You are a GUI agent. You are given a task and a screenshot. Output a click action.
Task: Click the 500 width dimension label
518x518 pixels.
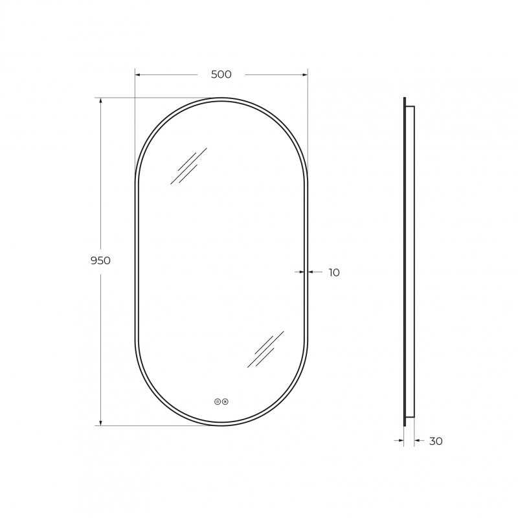221,74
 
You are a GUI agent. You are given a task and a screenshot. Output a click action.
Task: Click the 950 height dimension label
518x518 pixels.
100,261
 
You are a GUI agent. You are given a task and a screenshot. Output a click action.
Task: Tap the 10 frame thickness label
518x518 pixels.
334,273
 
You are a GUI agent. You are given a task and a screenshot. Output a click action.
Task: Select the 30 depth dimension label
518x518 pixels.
436,441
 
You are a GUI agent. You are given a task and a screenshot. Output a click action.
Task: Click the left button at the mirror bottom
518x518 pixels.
217,401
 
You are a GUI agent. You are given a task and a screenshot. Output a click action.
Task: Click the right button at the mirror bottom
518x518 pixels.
225,401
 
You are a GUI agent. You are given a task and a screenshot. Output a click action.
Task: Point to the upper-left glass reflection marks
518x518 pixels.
188,166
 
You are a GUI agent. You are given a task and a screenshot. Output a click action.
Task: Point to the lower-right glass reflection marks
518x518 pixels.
265,349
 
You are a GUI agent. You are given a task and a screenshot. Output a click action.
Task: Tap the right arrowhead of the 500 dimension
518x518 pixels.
305,74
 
